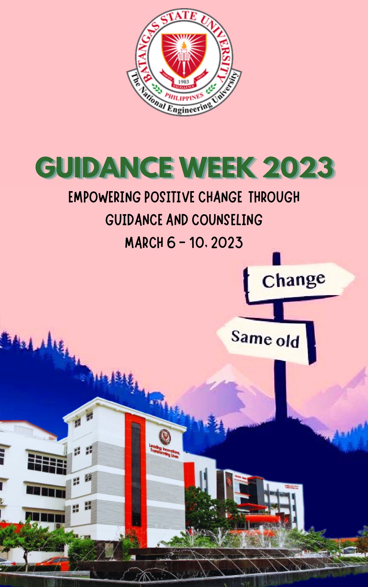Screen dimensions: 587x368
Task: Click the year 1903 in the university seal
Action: pos(184,81)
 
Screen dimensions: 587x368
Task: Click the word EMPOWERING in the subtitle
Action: pos(104,197)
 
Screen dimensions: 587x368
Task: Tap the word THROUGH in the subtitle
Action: pos(274,197)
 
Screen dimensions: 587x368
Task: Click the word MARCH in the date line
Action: pos(144,243)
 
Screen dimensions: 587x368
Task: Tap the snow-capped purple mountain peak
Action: pos(228,375)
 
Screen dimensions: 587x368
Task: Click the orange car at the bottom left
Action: pos(54,561)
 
